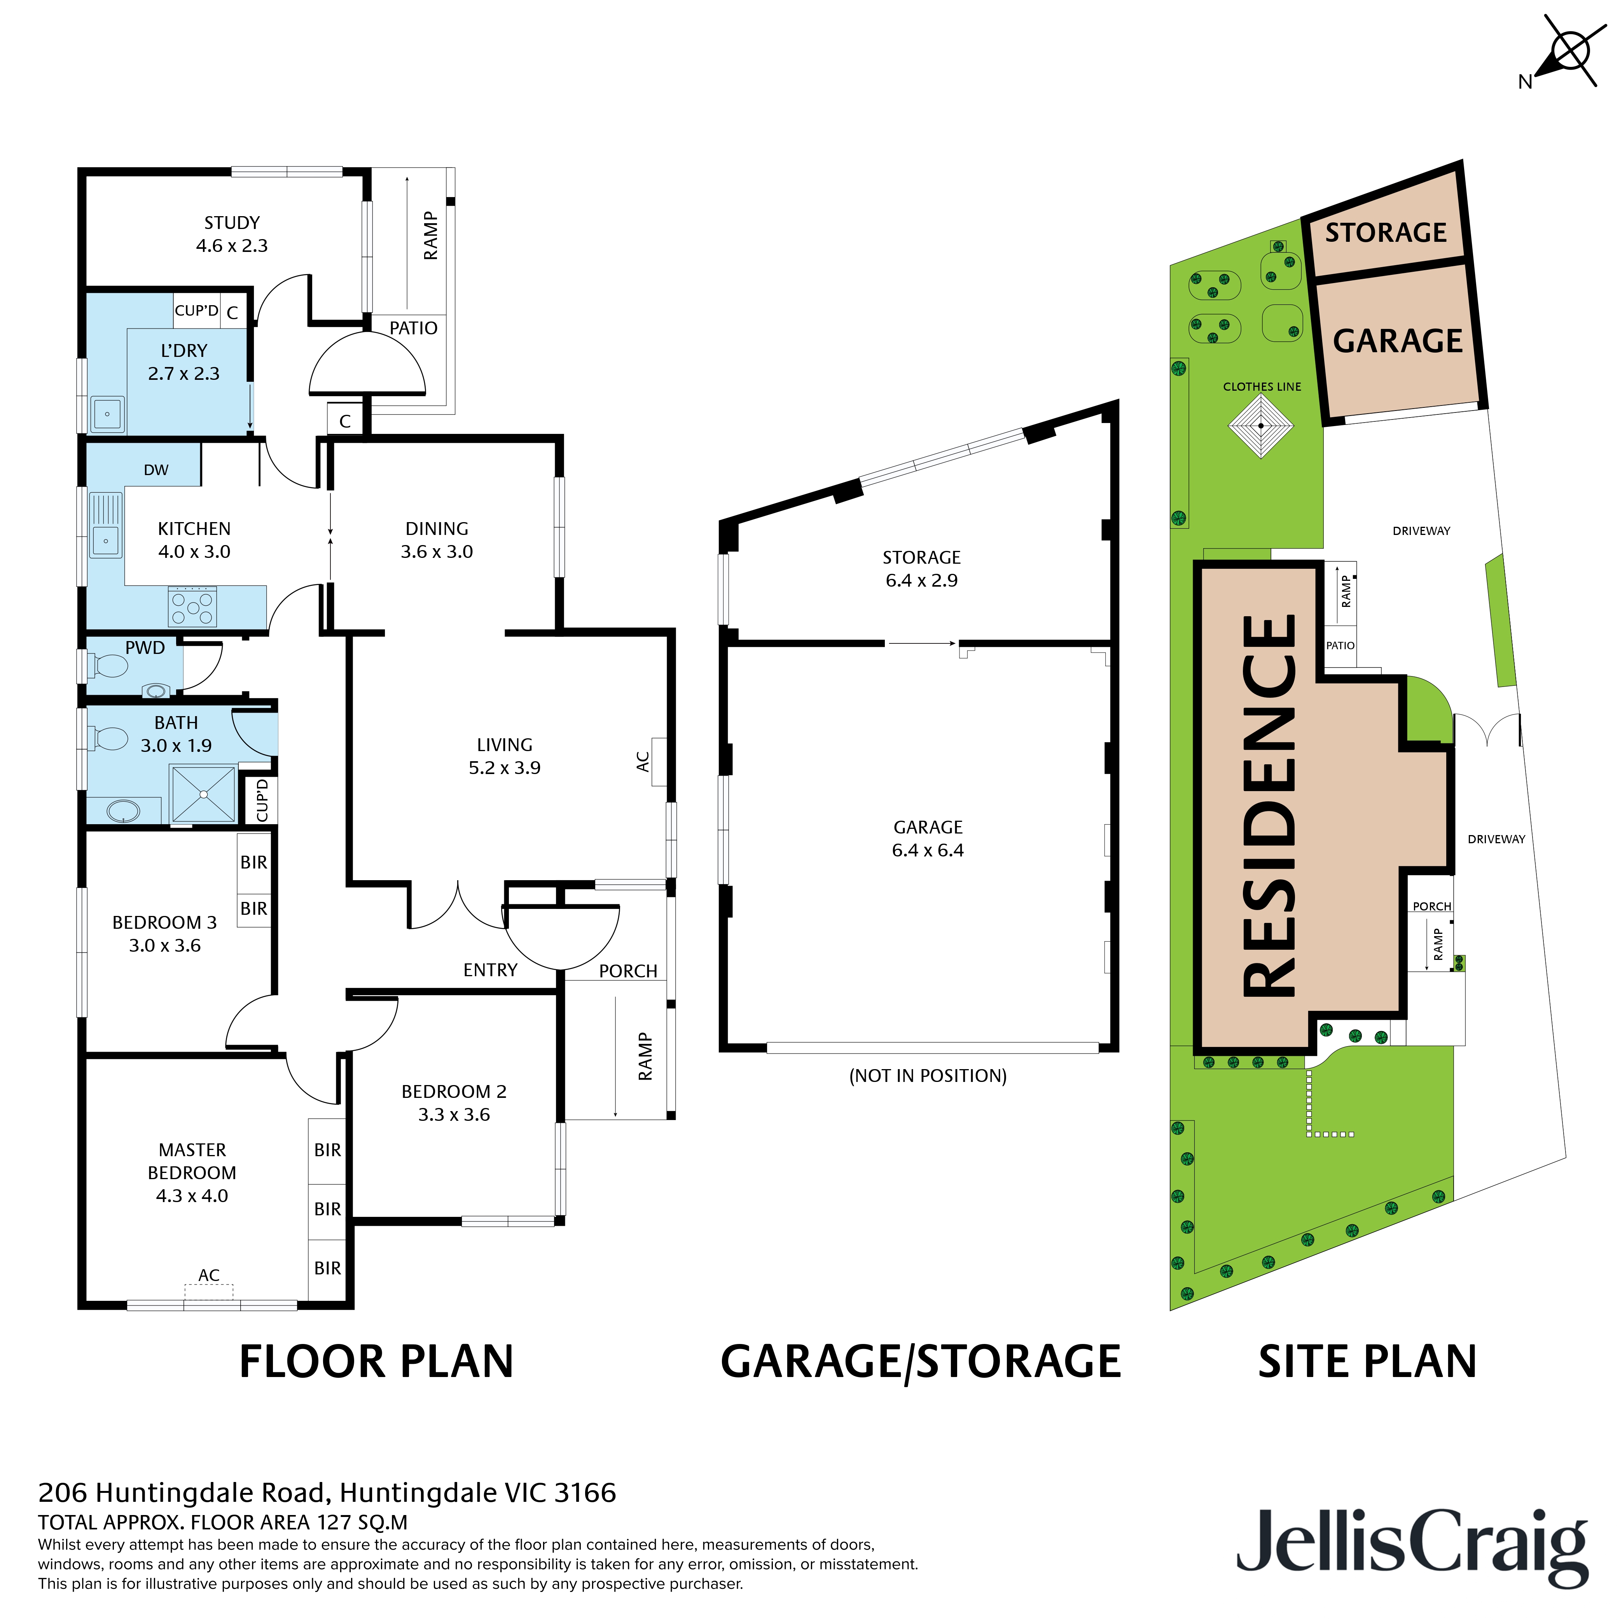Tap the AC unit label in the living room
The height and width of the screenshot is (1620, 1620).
click(x=643, y=761)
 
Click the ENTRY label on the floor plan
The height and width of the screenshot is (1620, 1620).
click(x=491, y=970)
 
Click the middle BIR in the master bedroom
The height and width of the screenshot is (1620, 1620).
click(x=327, y=1209)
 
